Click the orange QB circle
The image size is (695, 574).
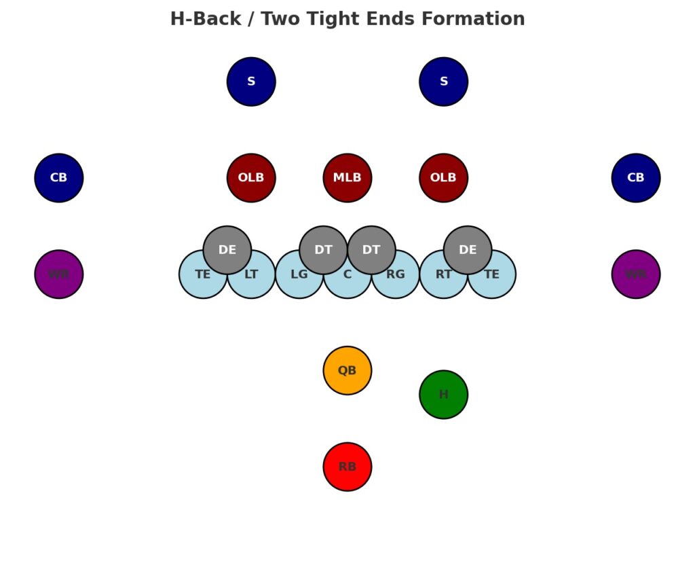347,370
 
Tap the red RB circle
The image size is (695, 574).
347,467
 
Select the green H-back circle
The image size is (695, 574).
443,394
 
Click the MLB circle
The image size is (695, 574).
347,178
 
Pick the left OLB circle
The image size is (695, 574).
251,178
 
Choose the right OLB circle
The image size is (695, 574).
443,178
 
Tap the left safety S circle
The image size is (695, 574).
251,82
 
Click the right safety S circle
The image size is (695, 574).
443,82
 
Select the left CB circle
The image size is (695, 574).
59,178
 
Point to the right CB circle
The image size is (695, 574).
635,178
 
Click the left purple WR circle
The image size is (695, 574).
59,274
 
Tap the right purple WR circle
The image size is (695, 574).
635,274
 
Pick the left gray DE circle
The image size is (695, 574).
227,249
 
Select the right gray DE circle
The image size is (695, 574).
468,249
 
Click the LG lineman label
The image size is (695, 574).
299,275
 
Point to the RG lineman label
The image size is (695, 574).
396,275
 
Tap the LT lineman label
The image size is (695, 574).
251,275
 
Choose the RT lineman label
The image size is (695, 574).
443,275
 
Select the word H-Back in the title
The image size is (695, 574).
204,19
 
